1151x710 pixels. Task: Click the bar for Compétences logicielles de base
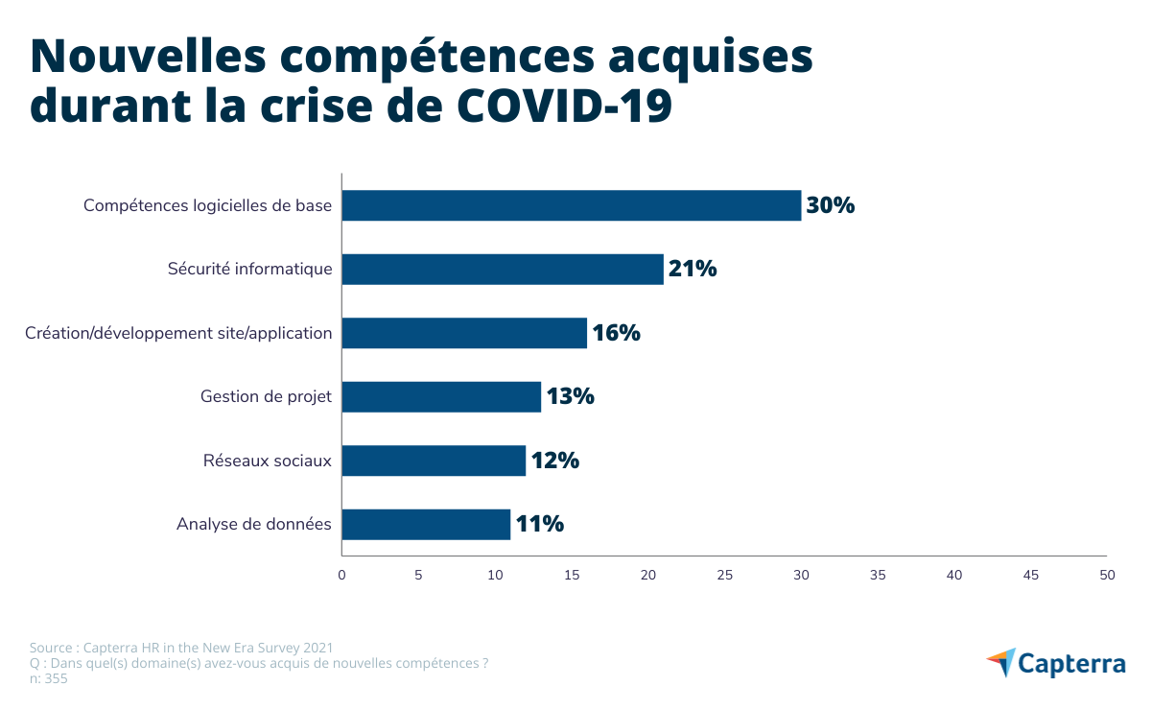tap(571, 205)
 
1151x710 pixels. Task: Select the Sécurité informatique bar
tap(503, 270)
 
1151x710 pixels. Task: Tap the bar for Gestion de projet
tap(441, 396)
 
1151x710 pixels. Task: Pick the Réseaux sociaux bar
tap(434, 461)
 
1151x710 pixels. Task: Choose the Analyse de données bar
tap(426, 525)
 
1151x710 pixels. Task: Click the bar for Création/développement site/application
tap(464, 333)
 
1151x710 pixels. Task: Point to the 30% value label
tap(831, 205)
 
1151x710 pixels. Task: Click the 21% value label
tap(693, 270)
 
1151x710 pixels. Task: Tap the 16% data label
tap(616, 333)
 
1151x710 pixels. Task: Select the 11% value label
tap(539, 525)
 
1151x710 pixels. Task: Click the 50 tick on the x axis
tap(1107, 575)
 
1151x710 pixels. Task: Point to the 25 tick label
tap(724, 575)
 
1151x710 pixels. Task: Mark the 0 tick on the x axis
tap(341, 575)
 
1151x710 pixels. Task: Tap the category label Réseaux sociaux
tap(268, 461)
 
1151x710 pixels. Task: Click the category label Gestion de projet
tap(266, 396)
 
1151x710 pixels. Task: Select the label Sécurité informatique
tap(250, 270)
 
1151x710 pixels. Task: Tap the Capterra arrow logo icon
tap(1000, 662)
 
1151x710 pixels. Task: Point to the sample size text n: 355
tap(49, 678)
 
